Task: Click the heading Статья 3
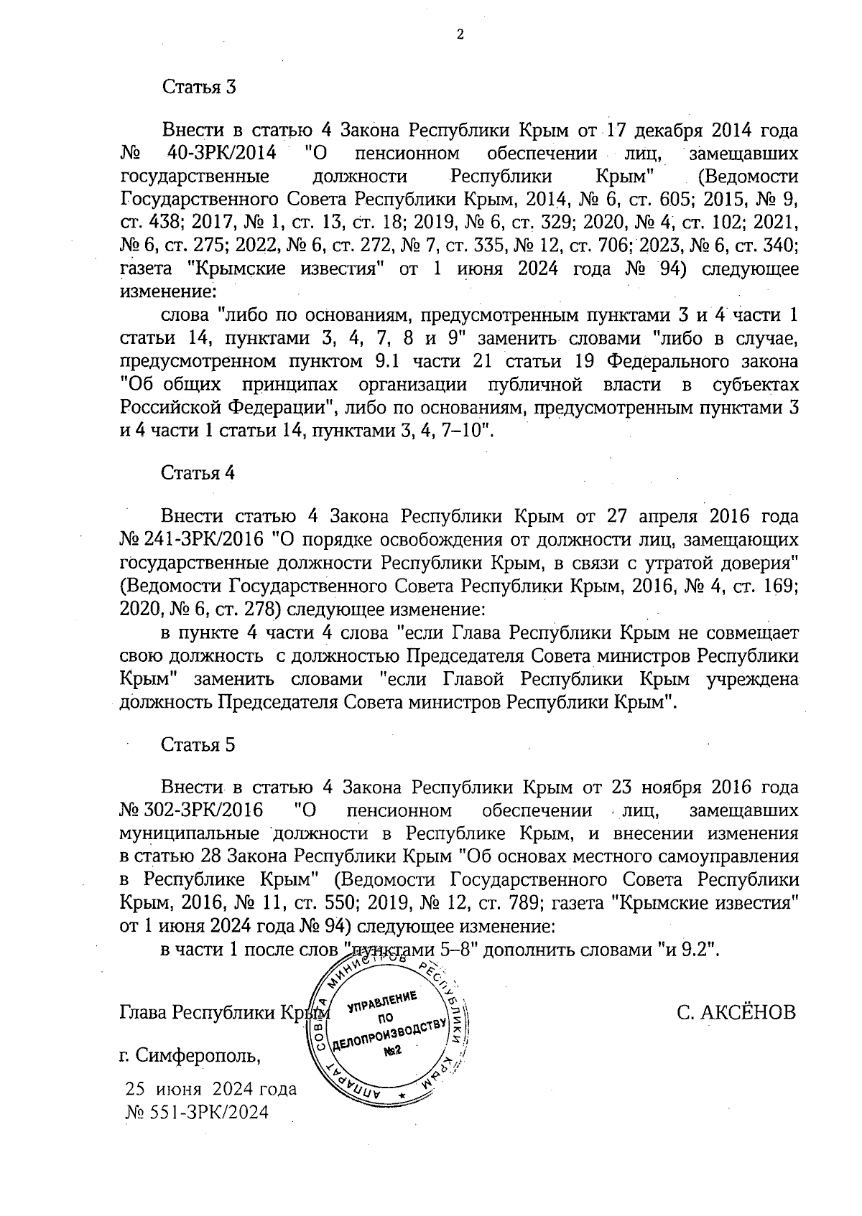click(199, 87)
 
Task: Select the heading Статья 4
click(199, 473)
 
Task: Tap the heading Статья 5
click(199, 744)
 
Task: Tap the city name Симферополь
click(199, 1056)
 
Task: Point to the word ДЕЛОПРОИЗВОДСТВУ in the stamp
click(390, 1036)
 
